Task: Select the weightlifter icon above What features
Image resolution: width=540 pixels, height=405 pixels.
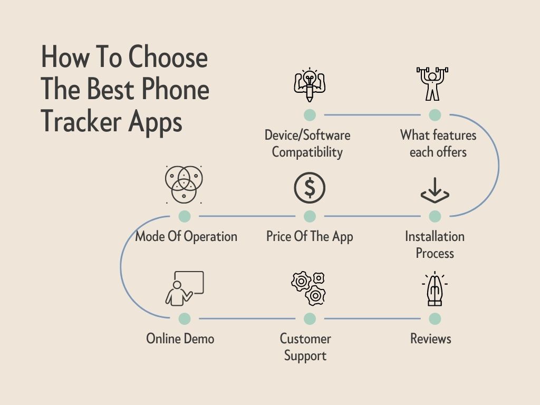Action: coord(432,84)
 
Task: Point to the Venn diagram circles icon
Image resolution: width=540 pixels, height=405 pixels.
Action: coord(184,185)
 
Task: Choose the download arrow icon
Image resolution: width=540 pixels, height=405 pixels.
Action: coord(435,190)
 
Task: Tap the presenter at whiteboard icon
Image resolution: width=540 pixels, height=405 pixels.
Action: coord(184,288)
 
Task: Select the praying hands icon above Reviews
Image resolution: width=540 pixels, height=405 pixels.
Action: coord(435,288)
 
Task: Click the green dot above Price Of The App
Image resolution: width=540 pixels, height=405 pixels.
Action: coord(310,216)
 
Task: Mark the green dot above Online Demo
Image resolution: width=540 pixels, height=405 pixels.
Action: coord(185,319)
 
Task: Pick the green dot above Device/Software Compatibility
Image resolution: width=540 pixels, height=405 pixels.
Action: coord(310,114)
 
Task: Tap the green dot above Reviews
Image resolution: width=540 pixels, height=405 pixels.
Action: coord(435,319)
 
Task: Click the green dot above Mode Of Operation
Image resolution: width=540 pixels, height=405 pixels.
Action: coord(185,216)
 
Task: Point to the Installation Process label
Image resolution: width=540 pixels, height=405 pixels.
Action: coord(435,245)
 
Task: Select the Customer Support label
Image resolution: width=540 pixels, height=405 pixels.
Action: coord(305,347)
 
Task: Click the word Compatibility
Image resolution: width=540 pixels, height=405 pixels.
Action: coord(307,152)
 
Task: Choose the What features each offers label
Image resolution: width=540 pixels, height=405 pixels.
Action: coord(438,143)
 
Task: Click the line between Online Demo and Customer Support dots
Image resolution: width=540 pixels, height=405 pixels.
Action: coord(247,319)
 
